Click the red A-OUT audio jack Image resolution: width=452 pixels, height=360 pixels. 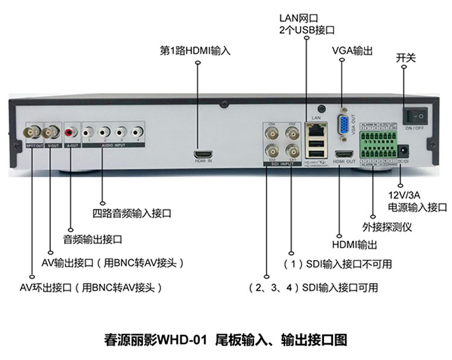(x=72, y=130)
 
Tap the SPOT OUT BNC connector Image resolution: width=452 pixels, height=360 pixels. (x=31, y=130)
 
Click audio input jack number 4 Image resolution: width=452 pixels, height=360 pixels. (x=138, y=130)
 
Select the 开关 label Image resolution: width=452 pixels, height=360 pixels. (x=406, y=58)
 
